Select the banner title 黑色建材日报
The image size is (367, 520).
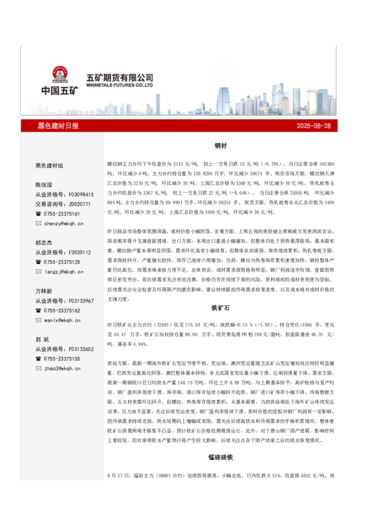click(x=59, y=125)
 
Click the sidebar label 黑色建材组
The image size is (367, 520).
click(x=49, y=166)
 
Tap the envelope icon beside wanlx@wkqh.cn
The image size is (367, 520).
click(x=38, y=321)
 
